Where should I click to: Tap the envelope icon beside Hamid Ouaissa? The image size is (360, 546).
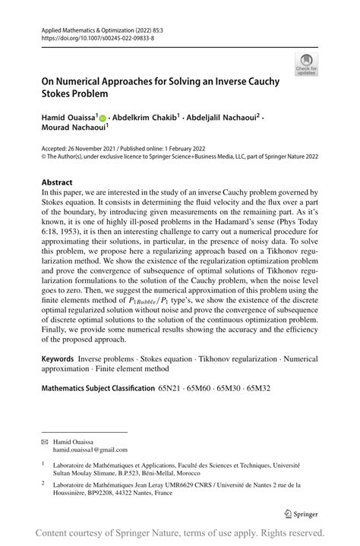[x=46, y=441]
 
